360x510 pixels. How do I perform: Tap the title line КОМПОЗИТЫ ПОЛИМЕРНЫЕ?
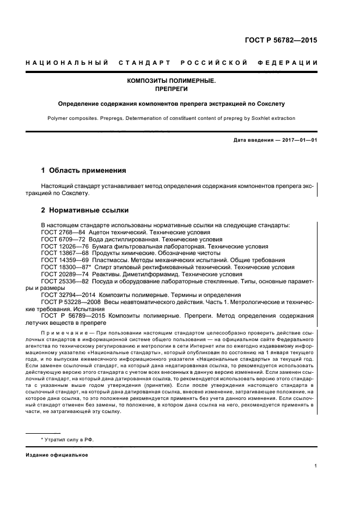171,81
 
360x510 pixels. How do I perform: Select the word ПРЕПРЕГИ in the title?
171,89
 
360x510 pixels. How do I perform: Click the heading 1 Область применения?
83,171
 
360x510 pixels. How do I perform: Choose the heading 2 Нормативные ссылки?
85,210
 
